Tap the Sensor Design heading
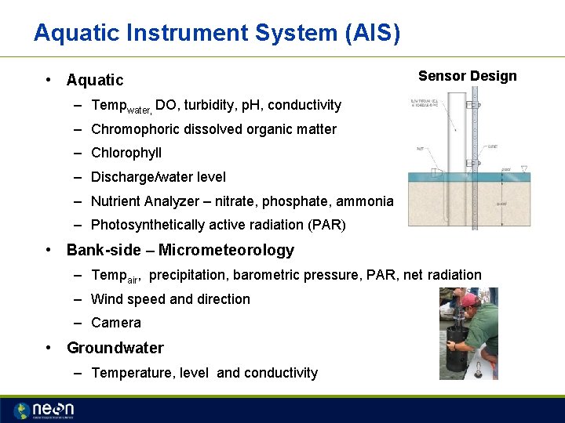pyautogui.click(x=467, y=76)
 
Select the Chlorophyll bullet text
pyautogui.click(x=126, y=153)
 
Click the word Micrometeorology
pyautogui.click(x=226, y=251)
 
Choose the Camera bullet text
pyautogui.click(x=116, y=323)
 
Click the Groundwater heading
pyautogui.click(x=115, y=348)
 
